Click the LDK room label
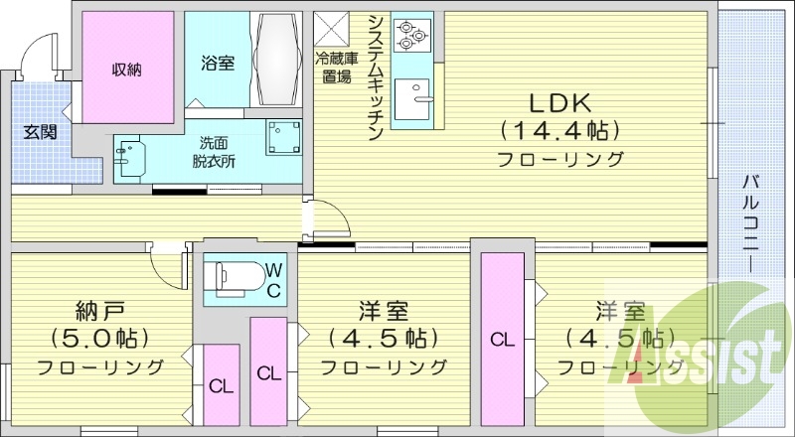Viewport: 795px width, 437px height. point(559,101)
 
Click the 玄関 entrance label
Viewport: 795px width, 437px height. point(41,131)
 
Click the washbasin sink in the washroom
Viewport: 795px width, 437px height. point(130,157)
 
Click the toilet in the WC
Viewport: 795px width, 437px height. point(233,278)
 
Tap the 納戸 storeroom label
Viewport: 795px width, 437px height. point(100,308)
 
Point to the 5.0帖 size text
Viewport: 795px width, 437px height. point(100,337)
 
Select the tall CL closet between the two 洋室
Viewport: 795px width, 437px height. point(503,339)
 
